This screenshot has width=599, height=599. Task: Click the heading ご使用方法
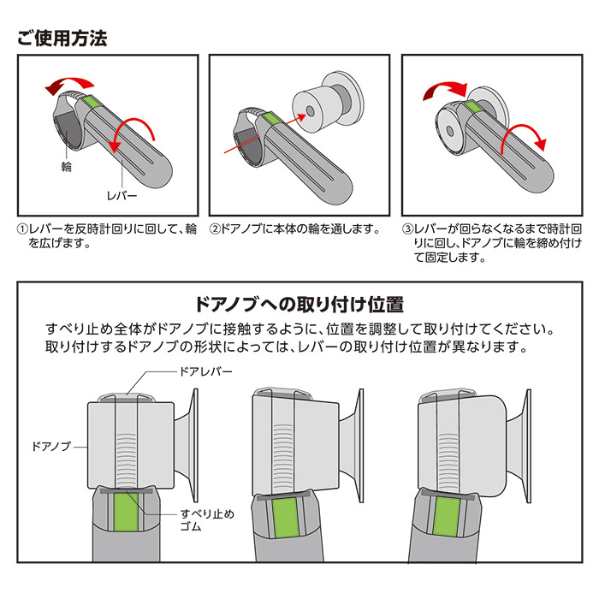pos(62,39)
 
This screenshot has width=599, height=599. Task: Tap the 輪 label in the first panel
pos(67,167)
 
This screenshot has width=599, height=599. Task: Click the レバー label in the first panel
pos(122,196)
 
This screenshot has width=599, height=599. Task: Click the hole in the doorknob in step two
pos(310,111)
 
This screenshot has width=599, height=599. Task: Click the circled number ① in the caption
pos(22,229)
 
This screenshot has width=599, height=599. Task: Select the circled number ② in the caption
pos(215,229)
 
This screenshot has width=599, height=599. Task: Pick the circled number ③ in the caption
pos(407,229)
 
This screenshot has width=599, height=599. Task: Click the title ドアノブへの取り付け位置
pos(299,305)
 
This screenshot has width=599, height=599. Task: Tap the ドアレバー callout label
pos(205,371)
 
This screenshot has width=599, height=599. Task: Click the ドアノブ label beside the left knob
pos(51,446)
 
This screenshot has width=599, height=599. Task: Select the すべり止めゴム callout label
pos(207,520)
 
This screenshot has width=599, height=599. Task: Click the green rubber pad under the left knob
pos(126,512)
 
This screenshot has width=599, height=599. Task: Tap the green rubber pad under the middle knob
pos(285,517)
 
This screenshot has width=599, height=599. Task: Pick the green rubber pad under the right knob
pos(447,517)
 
